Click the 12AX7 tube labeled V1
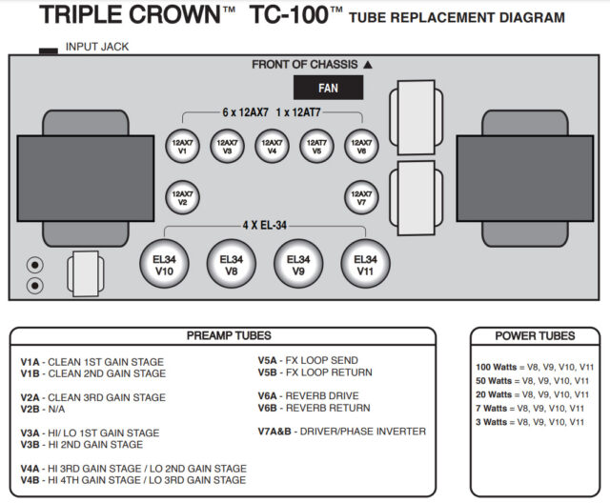pos(183,146)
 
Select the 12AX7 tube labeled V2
pos(183,198)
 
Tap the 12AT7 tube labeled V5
pos(317,146)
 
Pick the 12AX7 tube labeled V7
pos(362,198)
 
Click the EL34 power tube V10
pos(164,264)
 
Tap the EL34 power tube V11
pos(365,264)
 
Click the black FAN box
pos(329,88)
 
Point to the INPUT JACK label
pos(96,47)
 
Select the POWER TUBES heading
pos(535,335)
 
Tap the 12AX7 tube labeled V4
pos(273,146)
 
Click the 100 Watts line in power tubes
pos(534,366)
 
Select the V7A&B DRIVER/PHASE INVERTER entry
pos(341,432)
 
